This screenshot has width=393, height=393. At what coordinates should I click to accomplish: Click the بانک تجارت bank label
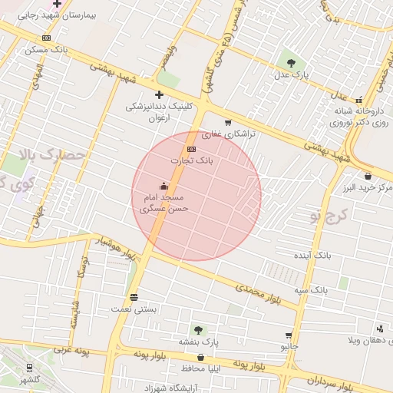pyautogui.click(x=192, y=161)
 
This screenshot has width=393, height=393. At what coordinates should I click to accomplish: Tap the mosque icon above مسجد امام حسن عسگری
pyautogui.click(x=163, y=186)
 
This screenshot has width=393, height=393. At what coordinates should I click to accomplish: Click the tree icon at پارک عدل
pyautogui.click(x=290, y=63)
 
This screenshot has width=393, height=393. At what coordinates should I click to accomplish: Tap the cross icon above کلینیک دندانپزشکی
pyautogui.click(x=159, y=94)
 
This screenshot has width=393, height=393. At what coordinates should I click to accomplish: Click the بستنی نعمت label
pyautogui.click(x=134, y=308)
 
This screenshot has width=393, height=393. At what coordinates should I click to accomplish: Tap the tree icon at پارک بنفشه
pyautogui.click(x=199, y=329)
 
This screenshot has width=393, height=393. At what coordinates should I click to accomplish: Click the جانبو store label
pyautogui.click(x=289, y=346)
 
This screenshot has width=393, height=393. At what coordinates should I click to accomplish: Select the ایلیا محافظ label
pyautogui.click(x=201, y=368)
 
